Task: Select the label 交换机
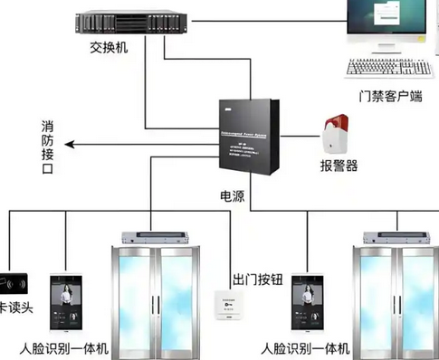108,46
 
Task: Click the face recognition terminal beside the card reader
66,302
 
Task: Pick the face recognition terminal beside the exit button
308,302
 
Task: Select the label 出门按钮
261,279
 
